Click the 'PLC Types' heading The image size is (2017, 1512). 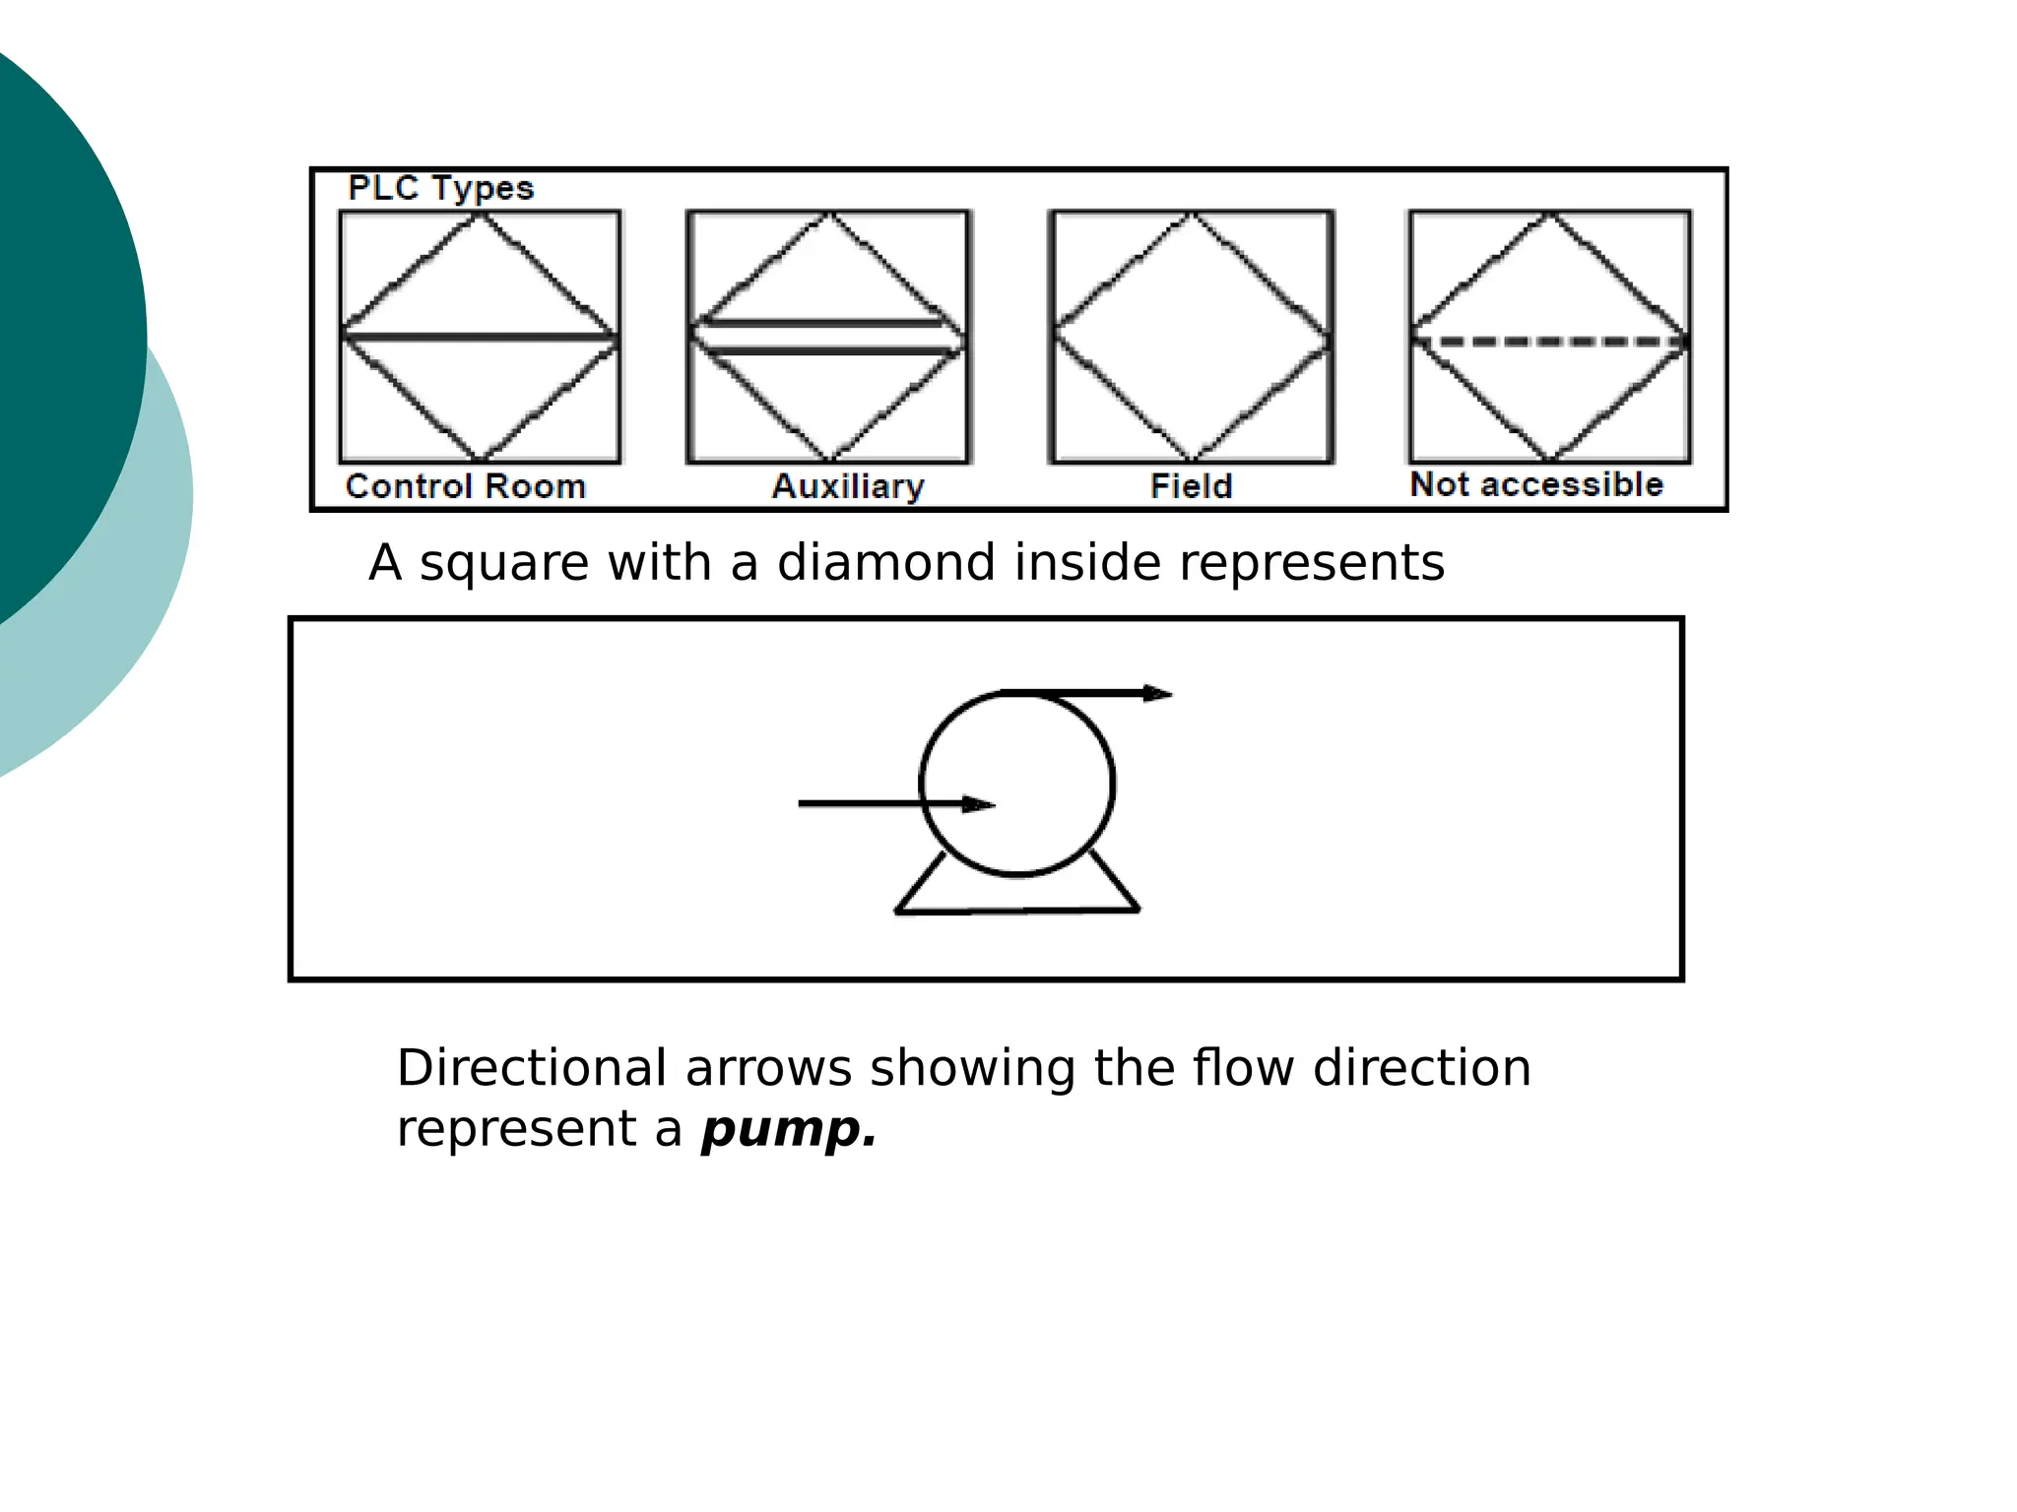coord(440,188)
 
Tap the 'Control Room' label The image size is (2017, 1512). coord(466,486)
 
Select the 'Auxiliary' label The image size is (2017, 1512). coord(848,486)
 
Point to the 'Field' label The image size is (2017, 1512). coord(1191,486)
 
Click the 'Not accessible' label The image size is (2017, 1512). coord(1536,484)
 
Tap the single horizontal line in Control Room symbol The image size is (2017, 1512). coord(480,338)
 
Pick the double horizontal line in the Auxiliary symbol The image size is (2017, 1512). coord(828,337)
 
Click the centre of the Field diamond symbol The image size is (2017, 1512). coord(1192,337)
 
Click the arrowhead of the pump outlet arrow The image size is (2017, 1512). coord(1157,694)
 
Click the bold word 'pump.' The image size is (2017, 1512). coord(789,1129)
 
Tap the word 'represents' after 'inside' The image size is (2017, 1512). coord(1312,563)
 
